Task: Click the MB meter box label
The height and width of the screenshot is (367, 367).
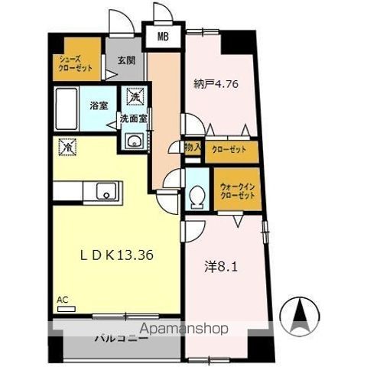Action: pyautogui.click(x=163, y=37)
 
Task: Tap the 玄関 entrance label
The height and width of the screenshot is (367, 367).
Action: pyautogui.click(x=126, y=60)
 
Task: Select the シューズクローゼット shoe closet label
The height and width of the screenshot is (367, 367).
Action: pyautogui.click(x=76, y=63)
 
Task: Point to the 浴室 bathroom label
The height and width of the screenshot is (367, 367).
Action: pyautogui.click(x=99, y=106)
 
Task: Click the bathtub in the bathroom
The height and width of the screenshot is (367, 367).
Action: pyautogui.click(x=67, y=109)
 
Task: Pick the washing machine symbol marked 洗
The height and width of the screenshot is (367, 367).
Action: pyautogui.click(x=136, y=96)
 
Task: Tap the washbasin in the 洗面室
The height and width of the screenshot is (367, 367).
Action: pyautogui.click(x=134, y=141)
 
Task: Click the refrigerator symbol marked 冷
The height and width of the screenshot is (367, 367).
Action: pyautogui.click(x=68, y=147)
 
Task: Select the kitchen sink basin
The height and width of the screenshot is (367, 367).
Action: pyautogui.click(x=106, y=191)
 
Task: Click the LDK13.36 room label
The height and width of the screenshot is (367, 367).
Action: pyautogui.click(x=117, y=255)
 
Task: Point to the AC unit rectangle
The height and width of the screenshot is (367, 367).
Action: pyautogui.click(x=67, y=309)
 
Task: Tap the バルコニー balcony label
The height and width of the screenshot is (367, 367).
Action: pyautogui.click(x=122, y=339)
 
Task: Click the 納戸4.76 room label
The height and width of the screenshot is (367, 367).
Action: pyautogui.click(x=216, y=83)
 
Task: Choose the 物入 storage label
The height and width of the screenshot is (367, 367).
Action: pyautogui.click(x=193, y=147)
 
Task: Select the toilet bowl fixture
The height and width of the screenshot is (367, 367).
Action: pyautogui.click(x=196, y=197)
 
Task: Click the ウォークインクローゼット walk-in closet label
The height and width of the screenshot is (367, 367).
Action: pyautogui.click(x=238, y=191)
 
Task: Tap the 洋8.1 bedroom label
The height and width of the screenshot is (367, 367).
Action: pyautogui.click(x=221, y=268)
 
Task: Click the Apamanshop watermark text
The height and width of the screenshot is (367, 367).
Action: pyautogui.click(x=184, y=329)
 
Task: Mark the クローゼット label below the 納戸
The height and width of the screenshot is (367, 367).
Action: pyautogui.click(x=229, y=149)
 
